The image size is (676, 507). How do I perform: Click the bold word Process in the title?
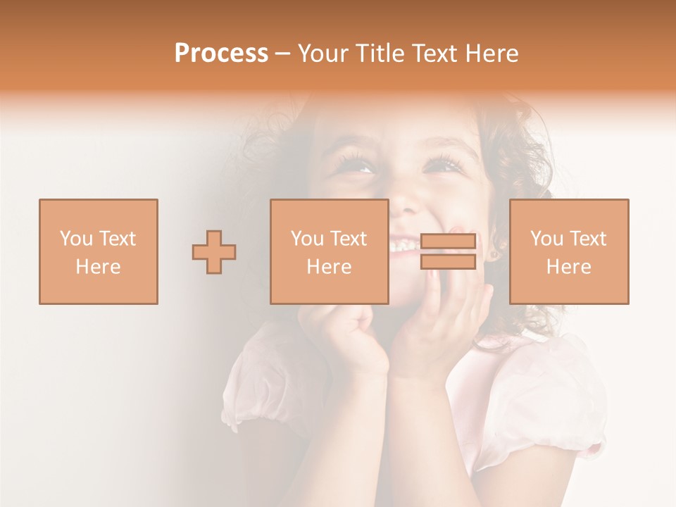(221, 54)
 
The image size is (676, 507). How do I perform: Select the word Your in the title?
(323, 54)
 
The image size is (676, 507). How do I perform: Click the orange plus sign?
(214, 252)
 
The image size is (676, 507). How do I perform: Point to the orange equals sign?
(448, 251)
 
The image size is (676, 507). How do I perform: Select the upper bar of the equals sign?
(448, 242)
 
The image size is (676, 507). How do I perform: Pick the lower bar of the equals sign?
(448, 262)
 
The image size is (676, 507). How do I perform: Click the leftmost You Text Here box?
(98, 251)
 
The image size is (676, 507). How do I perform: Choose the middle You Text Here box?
(329, 251)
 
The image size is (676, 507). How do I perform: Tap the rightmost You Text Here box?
(568, 251)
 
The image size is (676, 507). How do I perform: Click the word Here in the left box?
(98, 267)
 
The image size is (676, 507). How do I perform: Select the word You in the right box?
(546, 239)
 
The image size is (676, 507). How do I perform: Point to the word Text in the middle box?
(348, 239)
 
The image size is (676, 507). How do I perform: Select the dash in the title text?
(283, 54)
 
